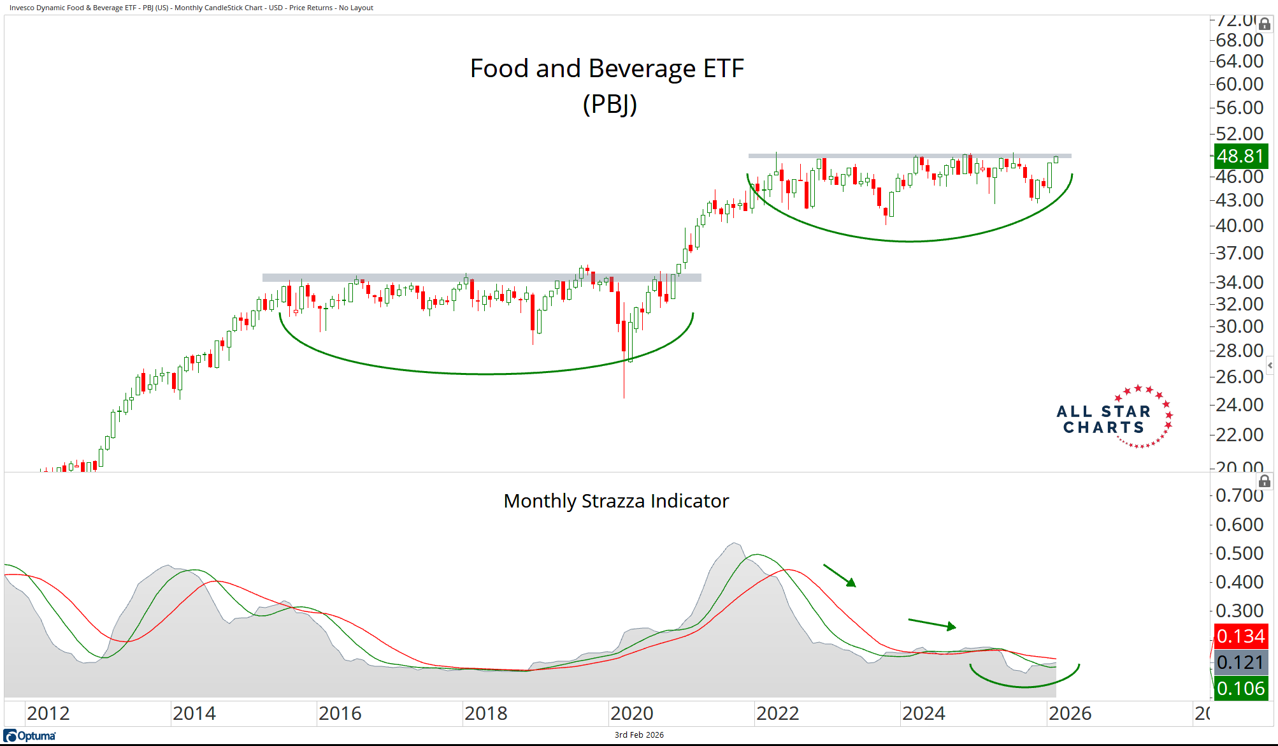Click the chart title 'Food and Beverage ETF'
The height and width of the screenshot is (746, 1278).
607,69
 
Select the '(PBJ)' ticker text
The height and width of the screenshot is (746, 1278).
610,104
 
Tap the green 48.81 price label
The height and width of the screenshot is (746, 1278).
1240,156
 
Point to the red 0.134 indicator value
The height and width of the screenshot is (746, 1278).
1240,636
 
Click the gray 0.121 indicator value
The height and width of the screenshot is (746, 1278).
1240,662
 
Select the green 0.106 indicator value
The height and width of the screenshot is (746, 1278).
1240,689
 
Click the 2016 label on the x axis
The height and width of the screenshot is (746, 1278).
340,713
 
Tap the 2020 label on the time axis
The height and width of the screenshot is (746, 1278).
632,713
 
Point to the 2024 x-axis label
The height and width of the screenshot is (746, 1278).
924,713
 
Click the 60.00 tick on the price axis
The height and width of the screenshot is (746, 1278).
1239,84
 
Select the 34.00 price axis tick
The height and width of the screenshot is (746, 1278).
1239,282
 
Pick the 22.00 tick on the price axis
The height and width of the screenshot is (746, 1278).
1239,435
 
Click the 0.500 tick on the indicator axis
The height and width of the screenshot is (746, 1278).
1239,553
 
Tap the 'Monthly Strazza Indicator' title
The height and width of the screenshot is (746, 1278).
616,501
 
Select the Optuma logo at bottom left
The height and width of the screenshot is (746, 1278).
30,736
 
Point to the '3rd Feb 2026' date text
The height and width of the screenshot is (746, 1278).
639,735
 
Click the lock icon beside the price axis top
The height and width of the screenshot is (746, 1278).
1265,24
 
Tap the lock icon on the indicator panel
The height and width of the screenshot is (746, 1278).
1265,481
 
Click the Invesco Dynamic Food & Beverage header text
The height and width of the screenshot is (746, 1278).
191,8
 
